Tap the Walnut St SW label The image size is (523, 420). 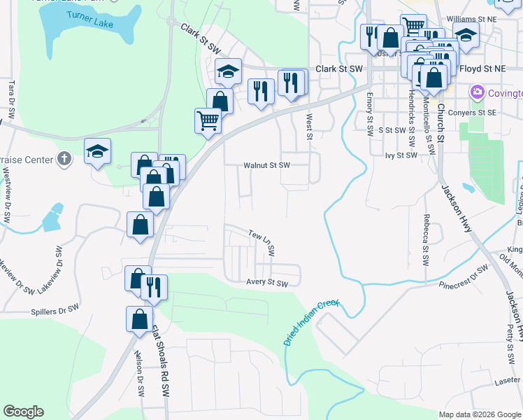click(266, 166)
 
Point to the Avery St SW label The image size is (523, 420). click(267, 283)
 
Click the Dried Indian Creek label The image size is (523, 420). click(311, 323)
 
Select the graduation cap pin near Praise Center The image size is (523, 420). click(98, 151)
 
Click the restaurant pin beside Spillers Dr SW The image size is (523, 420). click(154, 286)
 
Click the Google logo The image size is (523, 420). click(23, 412)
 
